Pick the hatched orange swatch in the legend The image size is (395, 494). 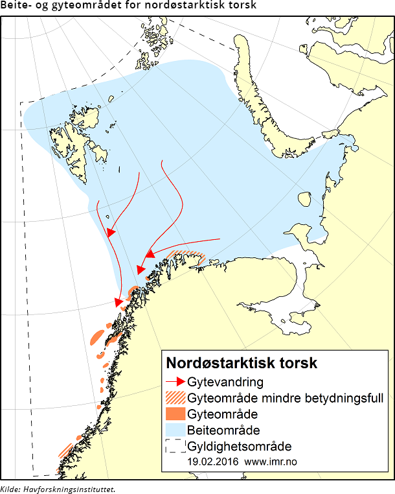175,397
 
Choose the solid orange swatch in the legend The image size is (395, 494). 175,414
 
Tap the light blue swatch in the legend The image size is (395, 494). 175,430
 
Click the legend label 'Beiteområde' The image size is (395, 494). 224,430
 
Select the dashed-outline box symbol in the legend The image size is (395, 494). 175,446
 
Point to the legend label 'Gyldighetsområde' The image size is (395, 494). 239,446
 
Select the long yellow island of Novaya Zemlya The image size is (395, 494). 259,97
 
